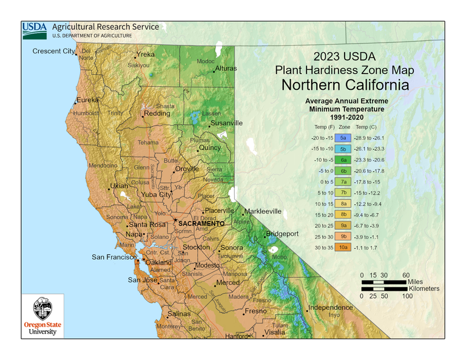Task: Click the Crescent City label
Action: (53, 51)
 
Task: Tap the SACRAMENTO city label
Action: (201, 223)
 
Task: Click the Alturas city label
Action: (226, 69)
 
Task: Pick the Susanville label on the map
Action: (226, 123)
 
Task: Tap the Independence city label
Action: (331, 307)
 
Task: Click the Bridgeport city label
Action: (283, 234)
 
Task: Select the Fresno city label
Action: (255, 311)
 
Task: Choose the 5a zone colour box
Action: (343, 138)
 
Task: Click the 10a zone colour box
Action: (343, 247)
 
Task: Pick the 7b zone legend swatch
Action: (343, 192)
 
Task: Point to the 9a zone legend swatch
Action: (343, 225)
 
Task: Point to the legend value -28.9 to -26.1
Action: (369, 138)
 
